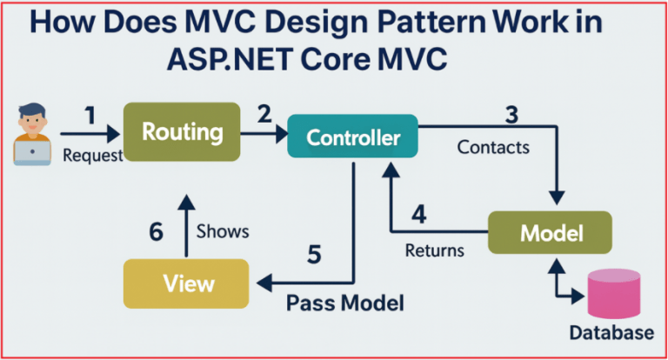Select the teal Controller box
click(x=353, y=137)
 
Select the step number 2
click(x=263, y=113)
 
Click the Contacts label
click(x=493, y=147)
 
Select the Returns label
click(x=435, y=250)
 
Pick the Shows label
click(x=223, y=231)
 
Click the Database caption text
click(x=611, y=333)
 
